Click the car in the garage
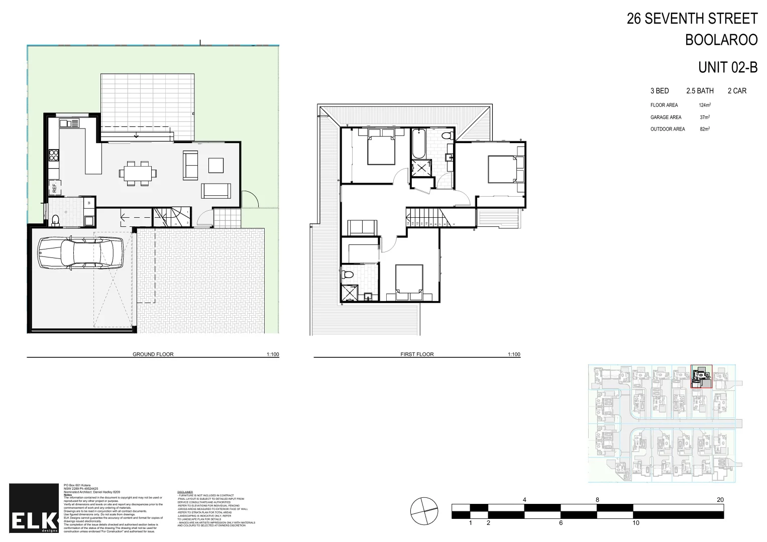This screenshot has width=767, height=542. tap(80, 254)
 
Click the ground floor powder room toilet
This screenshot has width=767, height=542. tap(56, 220)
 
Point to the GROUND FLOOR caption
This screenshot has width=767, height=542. tap(153, 354)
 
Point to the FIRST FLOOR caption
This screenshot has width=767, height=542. tap(417, 354)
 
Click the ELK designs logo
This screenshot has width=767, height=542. tap(34, 508)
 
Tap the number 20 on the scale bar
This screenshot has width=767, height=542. tap(720, 500)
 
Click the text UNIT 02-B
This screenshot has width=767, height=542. tap(727, 67)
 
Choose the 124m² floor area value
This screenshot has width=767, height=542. tap(705, 105)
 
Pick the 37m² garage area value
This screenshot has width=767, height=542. tap(705, 117)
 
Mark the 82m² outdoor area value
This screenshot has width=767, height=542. tap(705, 129)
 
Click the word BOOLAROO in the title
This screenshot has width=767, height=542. tap(721, 40)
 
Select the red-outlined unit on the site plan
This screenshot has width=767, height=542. tap(701, 377)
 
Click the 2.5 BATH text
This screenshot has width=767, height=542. tap(700, 91)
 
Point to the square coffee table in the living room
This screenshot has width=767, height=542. tap(216, 165)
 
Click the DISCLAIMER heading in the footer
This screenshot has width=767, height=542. tap(185, 492)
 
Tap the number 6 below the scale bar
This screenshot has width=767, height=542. tap(561, 523)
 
